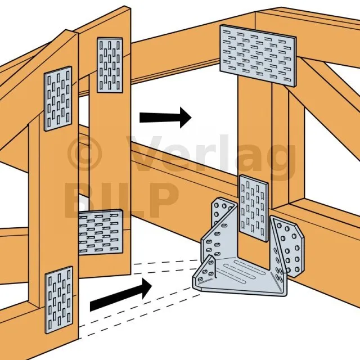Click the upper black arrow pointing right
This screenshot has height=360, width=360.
point(165,118)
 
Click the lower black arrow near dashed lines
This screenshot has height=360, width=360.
point(121,295)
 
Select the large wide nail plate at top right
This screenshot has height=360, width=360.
point(258,56)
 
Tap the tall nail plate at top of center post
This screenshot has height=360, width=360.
point(110,65)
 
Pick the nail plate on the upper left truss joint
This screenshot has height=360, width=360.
point(58,99)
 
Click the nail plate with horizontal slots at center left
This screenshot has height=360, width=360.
point(101,232)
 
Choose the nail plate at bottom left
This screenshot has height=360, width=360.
point(59,300)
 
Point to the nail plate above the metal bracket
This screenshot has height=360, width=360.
point(254,208)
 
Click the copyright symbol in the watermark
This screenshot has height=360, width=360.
point(84,152)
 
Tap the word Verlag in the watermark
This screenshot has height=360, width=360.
point(211,156)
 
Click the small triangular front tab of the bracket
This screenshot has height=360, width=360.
point(205,271)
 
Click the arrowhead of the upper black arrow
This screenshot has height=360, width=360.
point(186,118)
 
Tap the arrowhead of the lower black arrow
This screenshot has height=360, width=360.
point(146,288)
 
